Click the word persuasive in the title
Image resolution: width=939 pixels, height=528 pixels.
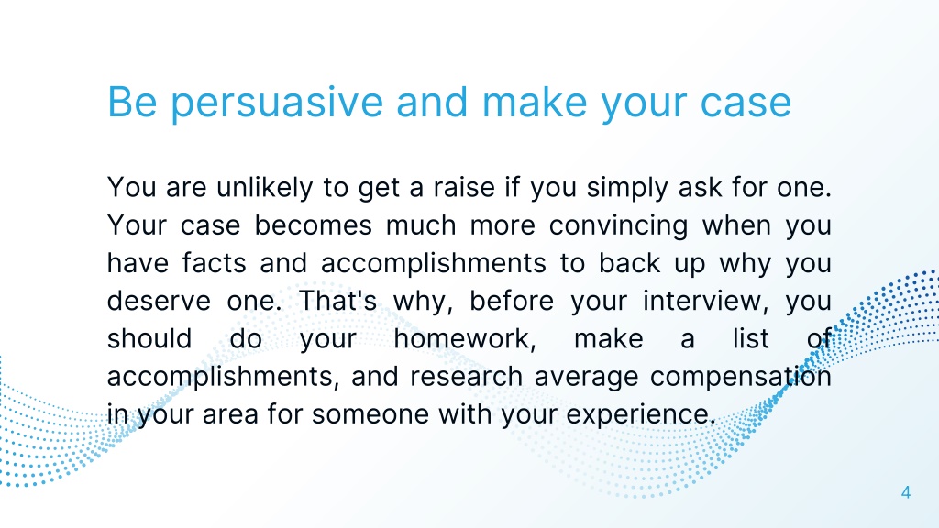[x=277, y=104]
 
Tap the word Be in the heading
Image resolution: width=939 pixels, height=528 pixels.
[x=132, y=103]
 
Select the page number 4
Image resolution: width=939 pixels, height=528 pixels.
[x=905, y=492]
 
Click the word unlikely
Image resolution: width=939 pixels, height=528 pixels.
[x=265, y=188]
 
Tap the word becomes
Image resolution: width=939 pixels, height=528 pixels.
[x=314, y=225]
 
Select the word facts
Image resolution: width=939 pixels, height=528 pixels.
[x=214, y=263]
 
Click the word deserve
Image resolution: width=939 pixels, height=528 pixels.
[x=159, y=301]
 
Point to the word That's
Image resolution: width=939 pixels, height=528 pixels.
[x=337, y=301]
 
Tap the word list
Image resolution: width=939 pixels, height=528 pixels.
[x=751, y=339]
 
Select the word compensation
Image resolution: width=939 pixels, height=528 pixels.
[x=741, y=377]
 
